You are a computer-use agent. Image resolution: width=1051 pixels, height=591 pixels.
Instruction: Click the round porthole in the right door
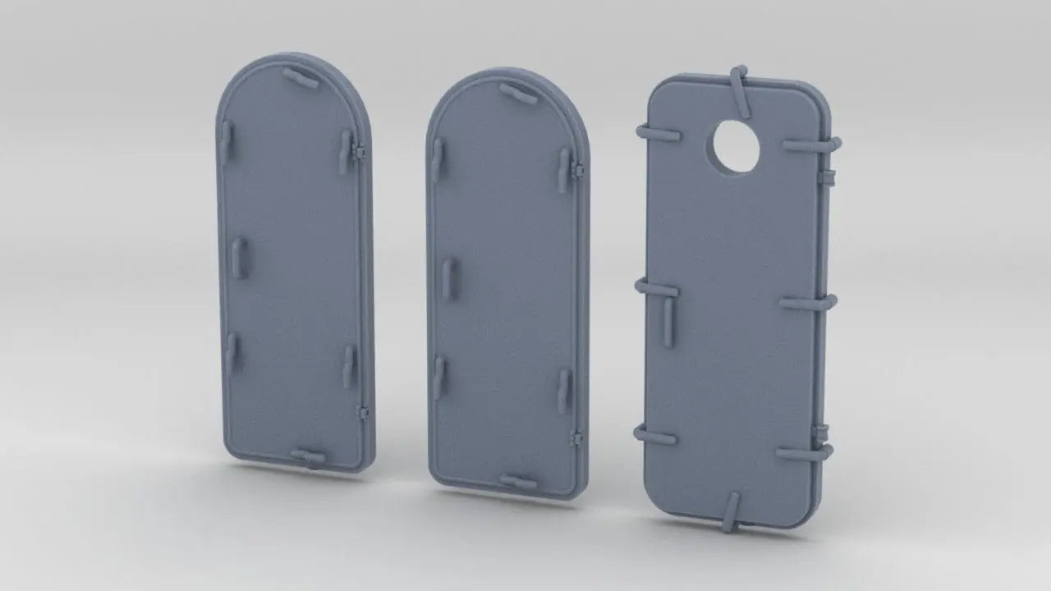click(x=737, y=147)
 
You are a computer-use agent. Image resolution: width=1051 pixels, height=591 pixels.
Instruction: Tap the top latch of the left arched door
click(x=301, y=78)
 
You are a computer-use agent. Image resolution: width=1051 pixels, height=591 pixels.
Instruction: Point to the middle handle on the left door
click(x=240, y=257)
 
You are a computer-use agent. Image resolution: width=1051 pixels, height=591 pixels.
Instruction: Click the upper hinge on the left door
click(x=359, y=152)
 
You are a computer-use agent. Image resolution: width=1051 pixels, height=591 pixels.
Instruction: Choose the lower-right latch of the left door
click(x=349, y=366)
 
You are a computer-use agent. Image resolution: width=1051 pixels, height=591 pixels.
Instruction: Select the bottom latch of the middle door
click(x=518, y=481)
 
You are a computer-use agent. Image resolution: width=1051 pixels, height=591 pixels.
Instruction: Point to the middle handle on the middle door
click(x=448, y=279)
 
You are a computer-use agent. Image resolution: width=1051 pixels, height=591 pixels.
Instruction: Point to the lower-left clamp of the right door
click(x=655, y=436)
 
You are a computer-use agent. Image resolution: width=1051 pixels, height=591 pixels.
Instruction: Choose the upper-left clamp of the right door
click(x=657, y=131)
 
